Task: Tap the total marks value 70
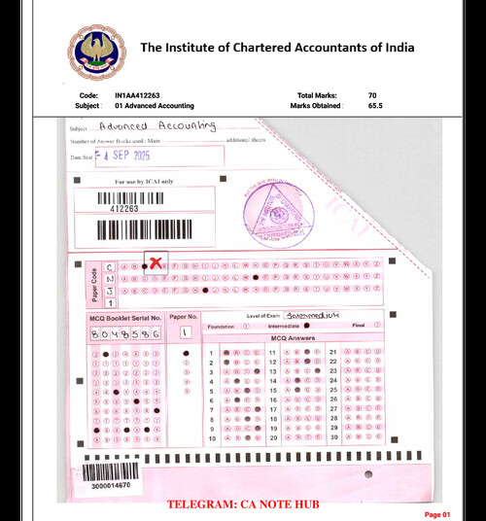(x=372, y=95)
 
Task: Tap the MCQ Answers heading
(x=292, y=338)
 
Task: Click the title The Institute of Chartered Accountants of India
(x=277, y=48)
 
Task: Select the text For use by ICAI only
(x=142, y=181)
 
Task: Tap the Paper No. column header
(x=185, y=317)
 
